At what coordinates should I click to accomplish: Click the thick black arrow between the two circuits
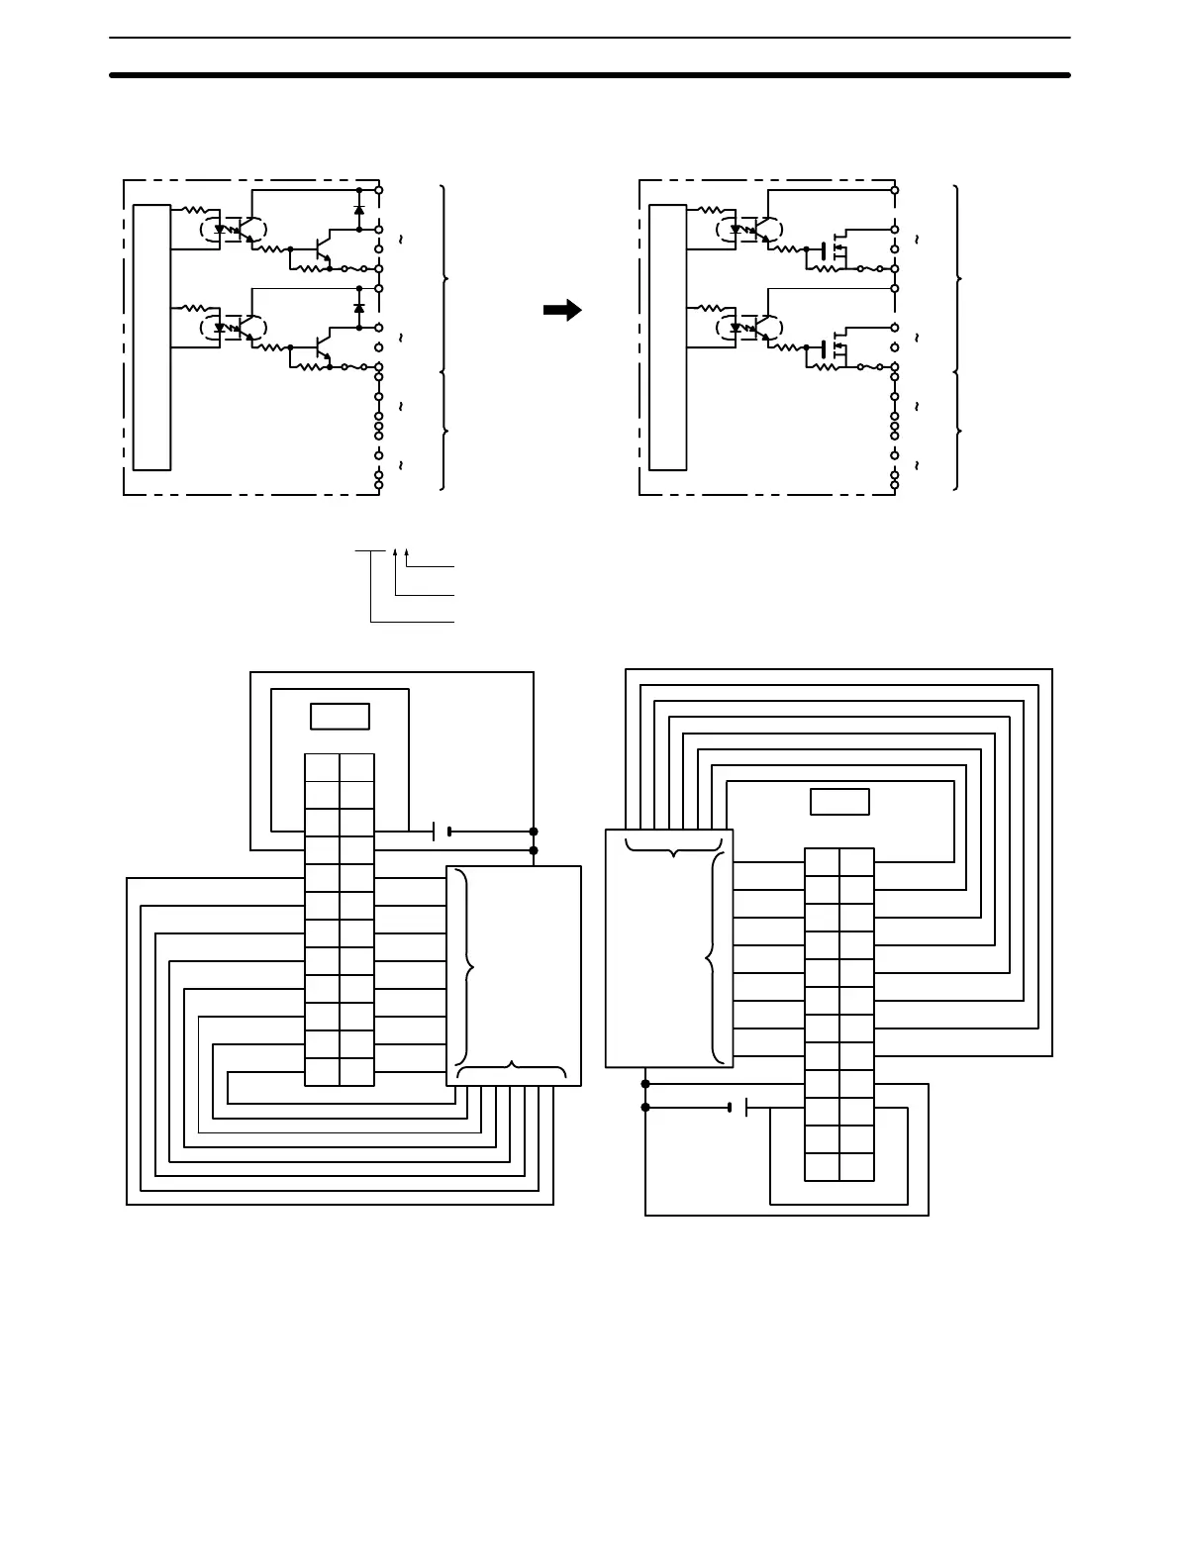562,311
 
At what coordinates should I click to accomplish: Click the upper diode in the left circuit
358,210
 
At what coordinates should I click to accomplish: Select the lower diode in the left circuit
358,309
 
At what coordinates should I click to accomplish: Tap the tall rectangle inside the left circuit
152,337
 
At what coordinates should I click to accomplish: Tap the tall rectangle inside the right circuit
668,337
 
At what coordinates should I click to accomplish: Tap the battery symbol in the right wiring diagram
737,1107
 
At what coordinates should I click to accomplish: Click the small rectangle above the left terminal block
340,716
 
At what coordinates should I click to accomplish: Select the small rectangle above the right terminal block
839,801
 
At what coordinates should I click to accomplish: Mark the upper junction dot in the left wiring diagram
534,832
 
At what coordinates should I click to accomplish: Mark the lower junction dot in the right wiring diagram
645,1107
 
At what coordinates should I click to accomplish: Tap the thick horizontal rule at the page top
590,74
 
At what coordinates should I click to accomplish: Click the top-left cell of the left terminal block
322,767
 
